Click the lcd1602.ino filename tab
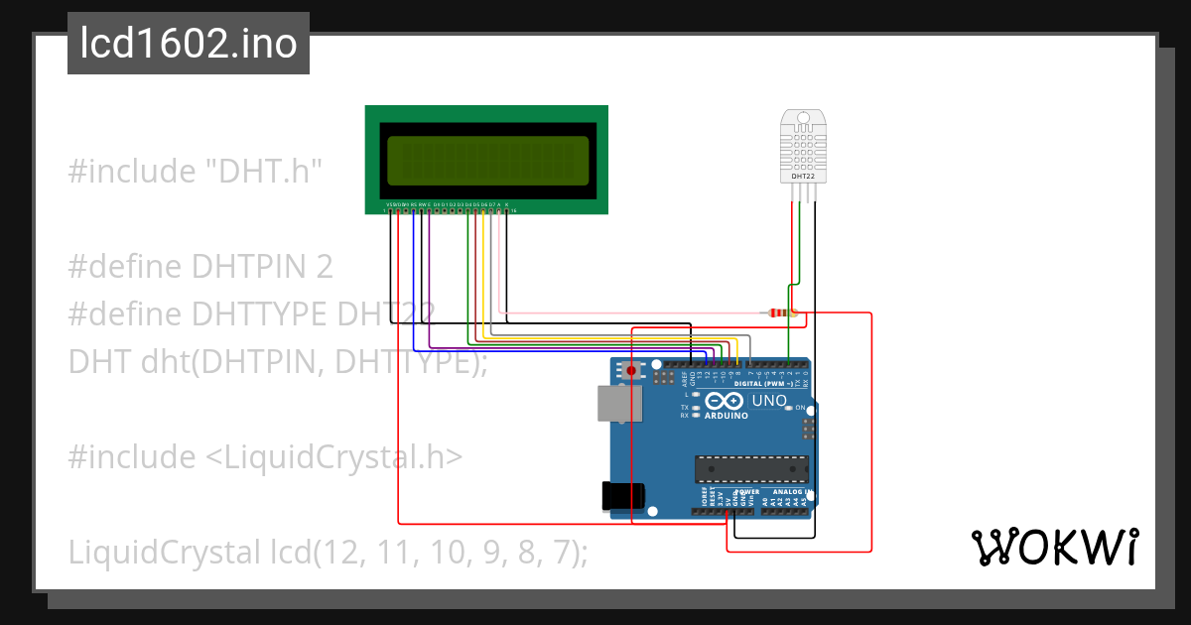tap(189, 44)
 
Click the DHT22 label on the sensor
tap(803, 176)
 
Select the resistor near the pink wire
tap(781, 313)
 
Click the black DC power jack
tap(624, 496)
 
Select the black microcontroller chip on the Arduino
tap(751, 467)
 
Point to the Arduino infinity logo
tap(727, 401)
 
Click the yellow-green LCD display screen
tap(486, 161)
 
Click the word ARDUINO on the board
tap(727, 417)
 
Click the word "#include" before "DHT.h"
tap(131, 172)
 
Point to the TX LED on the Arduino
tap(697, 408)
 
